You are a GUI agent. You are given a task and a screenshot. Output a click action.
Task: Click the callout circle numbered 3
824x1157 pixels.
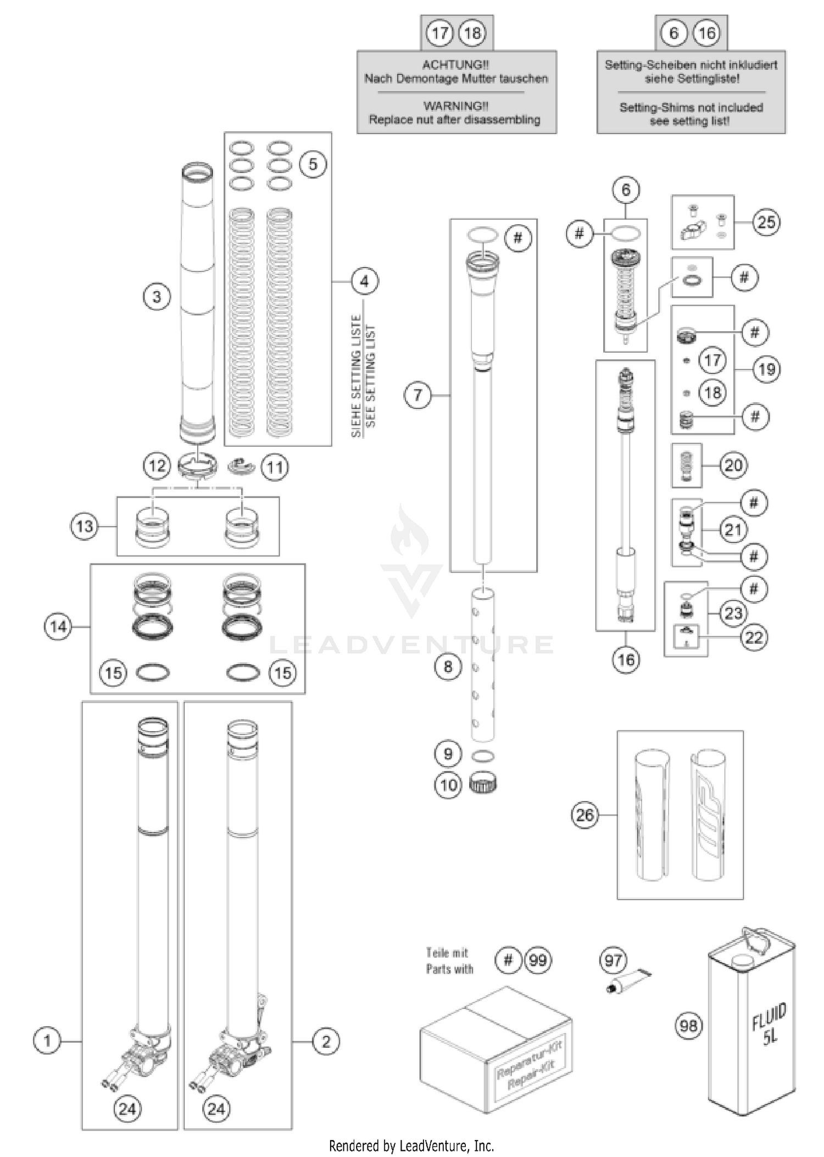(157, 297)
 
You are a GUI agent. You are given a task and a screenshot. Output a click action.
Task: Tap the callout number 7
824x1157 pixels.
(417, 395)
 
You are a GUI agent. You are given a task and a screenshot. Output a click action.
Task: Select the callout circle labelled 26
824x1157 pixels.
(584, 815)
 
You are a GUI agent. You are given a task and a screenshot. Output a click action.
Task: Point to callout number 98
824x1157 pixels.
(688, 1026)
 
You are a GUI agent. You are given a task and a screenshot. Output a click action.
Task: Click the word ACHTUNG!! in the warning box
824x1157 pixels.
(455, 65)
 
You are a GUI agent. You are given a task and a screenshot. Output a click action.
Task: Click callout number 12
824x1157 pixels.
(157, 466)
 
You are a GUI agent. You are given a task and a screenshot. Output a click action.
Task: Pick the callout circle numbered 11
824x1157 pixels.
(275, 468)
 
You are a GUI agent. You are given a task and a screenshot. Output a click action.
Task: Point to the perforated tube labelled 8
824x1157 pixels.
(483, 665)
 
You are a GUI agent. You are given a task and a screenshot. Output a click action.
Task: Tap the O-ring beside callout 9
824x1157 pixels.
(483, 756)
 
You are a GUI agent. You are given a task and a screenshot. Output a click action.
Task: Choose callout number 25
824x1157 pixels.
(766, 222)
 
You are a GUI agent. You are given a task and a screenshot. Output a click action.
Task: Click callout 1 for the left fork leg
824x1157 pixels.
(47, 1041)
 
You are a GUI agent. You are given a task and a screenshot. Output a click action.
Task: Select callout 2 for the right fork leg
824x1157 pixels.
(326, 1041)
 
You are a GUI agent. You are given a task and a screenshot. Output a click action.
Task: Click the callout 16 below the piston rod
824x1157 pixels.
(626, 659)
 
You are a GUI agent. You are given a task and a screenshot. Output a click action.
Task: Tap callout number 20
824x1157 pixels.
(733, 465)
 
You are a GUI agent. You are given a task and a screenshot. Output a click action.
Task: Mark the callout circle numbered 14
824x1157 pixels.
(58, 626)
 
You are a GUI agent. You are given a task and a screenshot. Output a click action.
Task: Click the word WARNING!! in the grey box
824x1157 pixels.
(455, 106)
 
